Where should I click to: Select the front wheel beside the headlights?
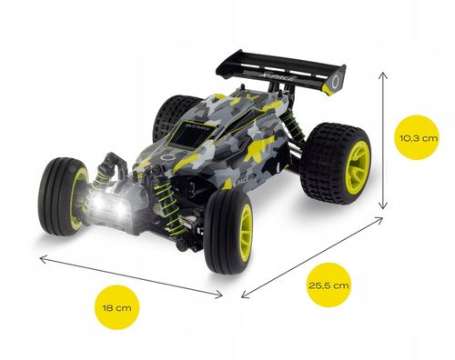63,190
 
